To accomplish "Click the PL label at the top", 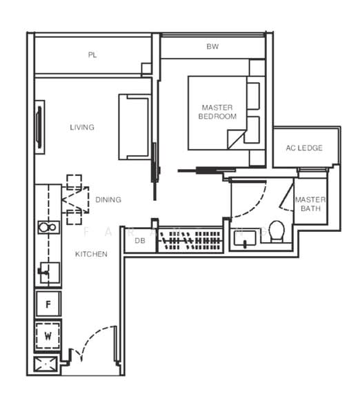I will [92, 55].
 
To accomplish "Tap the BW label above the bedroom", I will [212, 48].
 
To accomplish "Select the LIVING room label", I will [82, 127].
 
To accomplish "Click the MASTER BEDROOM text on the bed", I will [217, 112].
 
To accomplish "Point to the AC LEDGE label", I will [305, 148].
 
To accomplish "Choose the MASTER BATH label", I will [310, 204].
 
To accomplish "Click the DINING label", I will [108, 199].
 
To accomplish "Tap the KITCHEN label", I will [91, 254].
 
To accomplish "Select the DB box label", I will [140, 240].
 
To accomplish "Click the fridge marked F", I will [48, 304].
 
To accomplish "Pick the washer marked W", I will [48, 337].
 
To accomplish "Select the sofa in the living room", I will [134, 127].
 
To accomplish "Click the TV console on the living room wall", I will [39, 127].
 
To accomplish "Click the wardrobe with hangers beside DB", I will [190, 240].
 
